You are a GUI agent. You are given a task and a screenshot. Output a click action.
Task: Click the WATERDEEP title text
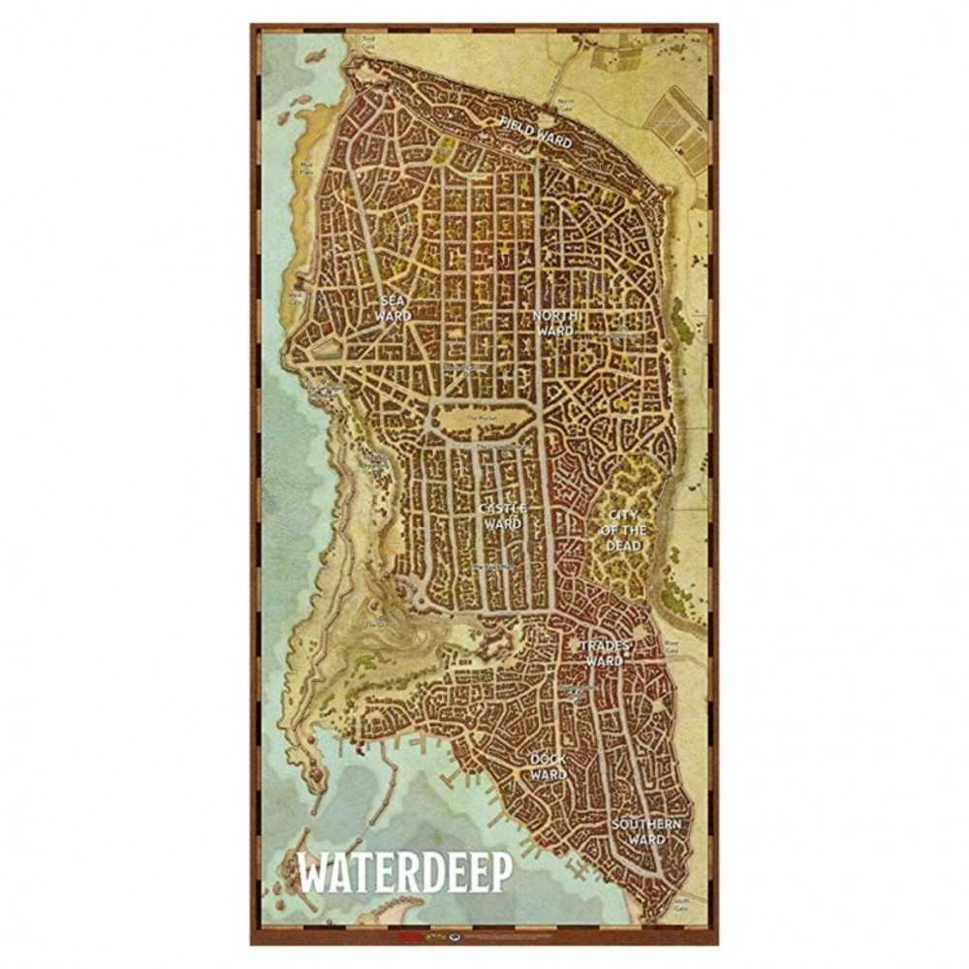point(405,874)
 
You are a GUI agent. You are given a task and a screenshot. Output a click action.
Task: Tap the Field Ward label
point(537,133)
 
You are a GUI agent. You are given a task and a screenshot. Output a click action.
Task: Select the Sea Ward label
point(395,309)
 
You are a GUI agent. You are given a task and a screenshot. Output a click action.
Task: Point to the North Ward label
point(556,324)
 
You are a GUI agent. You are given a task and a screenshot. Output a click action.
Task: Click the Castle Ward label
point(502,516)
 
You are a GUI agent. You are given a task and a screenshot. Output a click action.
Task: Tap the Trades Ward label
point(604,653)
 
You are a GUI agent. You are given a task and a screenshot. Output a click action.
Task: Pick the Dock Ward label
point(547,767)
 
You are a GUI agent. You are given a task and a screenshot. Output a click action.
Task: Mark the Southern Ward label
point(646,831)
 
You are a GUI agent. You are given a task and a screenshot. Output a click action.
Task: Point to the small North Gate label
point(566,103)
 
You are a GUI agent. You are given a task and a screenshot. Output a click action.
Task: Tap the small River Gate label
point(671,646)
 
